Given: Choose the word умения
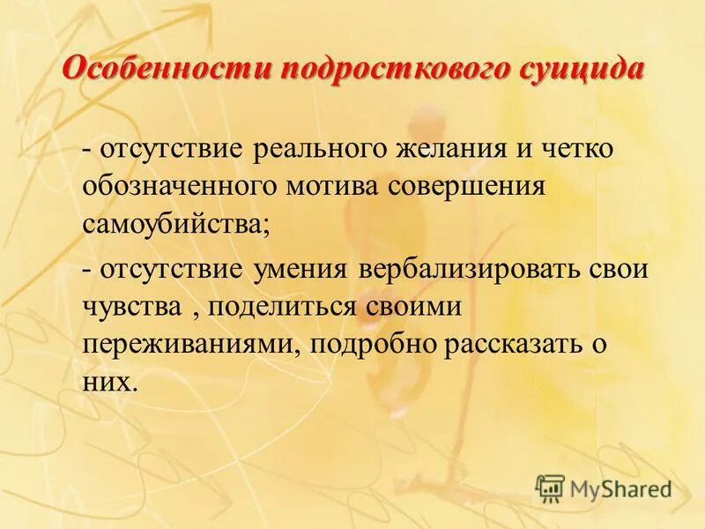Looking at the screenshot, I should (x=301, y=269).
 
